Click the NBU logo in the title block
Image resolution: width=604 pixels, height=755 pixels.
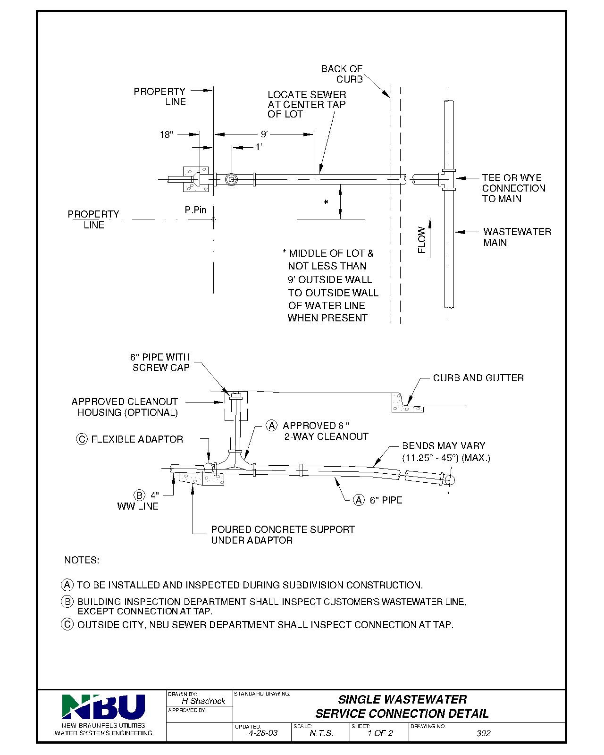coord(103,706)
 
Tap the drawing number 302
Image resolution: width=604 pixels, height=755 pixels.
coord(483,733)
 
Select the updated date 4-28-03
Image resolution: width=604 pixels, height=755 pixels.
coord(263,733)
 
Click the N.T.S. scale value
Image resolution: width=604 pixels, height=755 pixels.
coord(321,733)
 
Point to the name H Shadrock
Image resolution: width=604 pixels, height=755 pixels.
coord(203,701)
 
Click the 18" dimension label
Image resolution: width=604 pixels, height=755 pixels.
coord(167,135)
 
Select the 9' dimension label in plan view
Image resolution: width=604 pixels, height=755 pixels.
coord(264,134)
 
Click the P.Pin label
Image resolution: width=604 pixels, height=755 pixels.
coord(196,210)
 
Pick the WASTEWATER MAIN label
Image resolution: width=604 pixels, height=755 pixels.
coord(517,237)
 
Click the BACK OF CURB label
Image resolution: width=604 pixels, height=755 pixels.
coord(342,74)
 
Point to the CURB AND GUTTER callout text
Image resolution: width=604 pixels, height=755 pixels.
coord(478,378)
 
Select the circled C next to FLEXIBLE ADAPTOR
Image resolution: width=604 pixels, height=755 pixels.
coord(82,439)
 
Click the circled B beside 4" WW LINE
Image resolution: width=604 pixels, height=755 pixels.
coord(139,495)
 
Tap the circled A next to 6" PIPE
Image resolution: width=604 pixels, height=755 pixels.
coord(359,500)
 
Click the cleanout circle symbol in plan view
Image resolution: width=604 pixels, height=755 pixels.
coord(231,180)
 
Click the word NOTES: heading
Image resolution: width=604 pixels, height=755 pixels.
coord(82,561)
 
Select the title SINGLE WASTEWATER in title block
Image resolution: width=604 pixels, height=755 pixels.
coord(402,699)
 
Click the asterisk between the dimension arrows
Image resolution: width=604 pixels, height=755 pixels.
coord(326,202)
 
